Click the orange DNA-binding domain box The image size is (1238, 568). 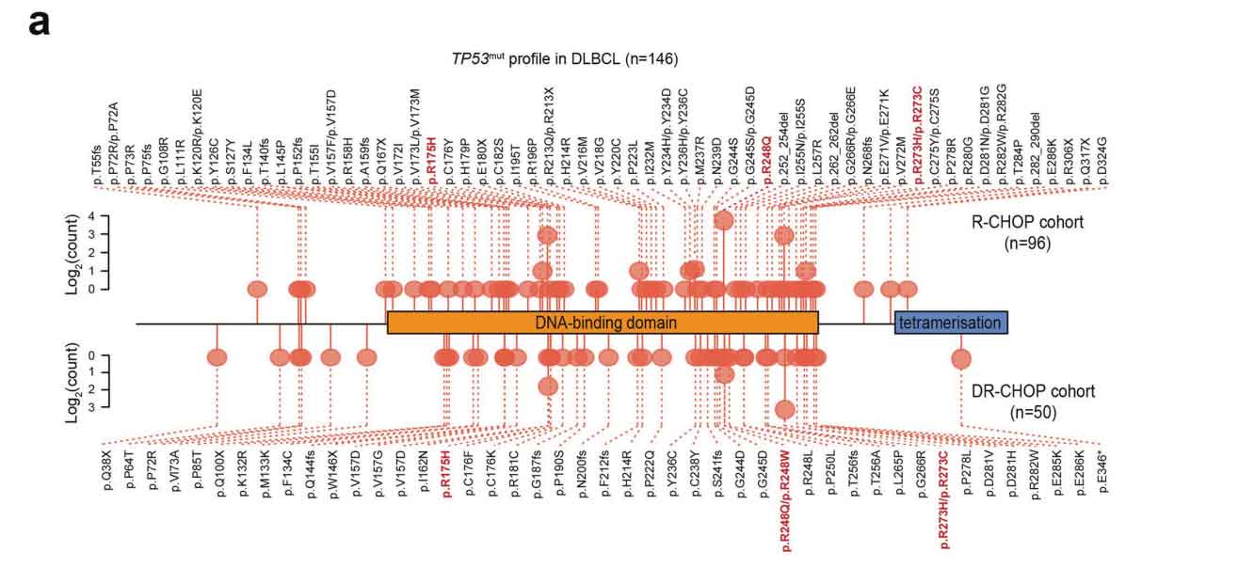click(x=603, y=323)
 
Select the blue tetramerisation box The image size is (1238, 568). click(x=950, y=323)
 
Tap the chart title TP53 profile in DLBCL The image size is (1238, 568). click(x=565, y=58)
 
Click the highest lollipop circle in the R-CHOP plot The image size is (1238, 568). click(x=723, y=220)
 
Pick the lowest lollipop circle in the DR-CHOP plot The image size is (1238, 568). click(x=785, y=409)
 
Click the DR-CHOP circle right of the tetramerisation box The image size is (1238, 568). click(x=960, y=357)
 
